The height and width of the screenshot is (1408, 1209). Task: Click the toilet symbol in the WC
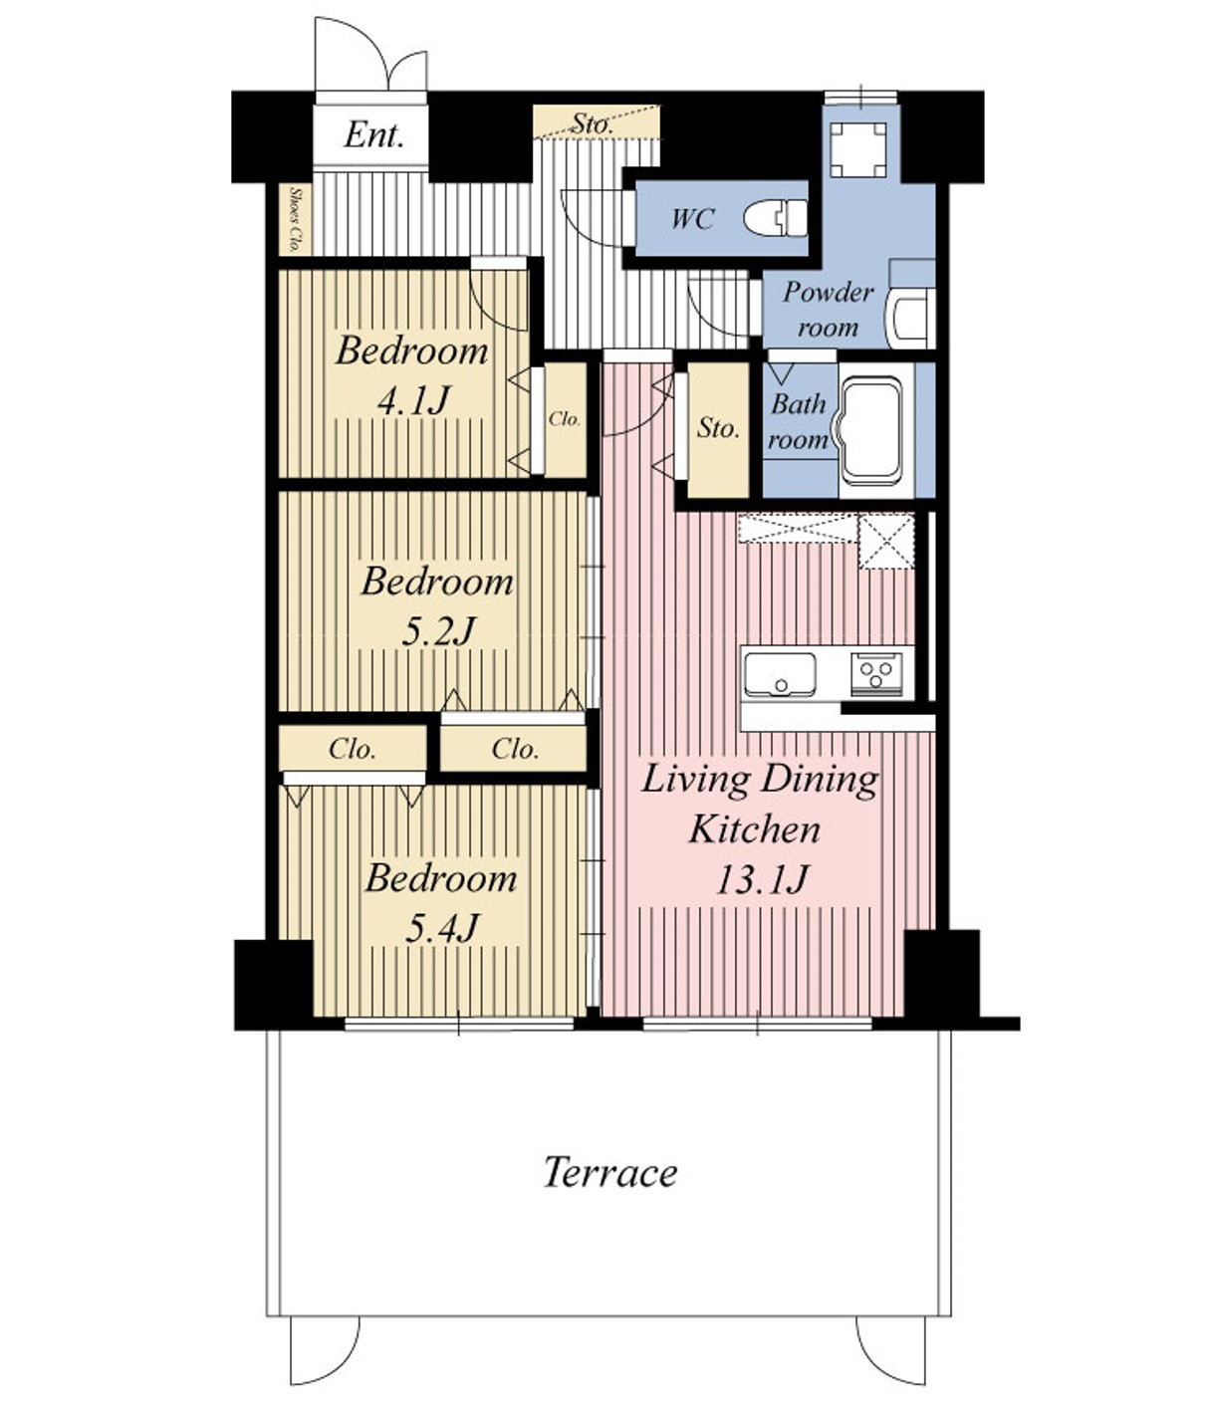[x=775, y=218]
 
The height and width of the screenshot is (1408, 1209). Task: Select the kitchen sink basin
[x=780, y=674]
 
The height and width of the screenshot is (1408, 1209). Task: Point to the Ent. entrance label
[x=373, y=134]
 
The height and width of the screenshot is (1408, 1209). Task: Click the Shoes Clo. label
[x=295, y=220]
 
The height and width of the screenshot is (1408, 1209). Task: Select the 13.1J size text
[x=761, y=878]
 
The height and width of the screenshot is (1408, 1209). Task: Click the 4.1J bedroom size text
[x=412, y=400]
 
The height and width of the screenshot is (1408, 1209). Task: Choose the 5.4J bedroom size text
[x=441, y=927]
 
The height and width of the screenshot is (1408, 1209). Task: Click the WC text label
[x=693, y=219]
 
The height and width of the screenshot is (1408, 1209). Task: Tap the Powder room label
[x=829, y=310]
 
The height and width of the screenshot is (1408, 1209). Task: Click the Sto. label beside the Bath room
[x=718, y=428]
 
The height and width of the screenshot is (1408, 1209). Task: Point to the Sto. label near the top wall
[x=592, y=124]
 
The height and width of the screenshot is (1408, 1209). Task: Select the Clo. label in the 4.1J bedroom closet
[x=565, y=419]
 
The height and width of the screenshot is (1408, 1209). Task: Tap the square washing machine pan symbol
[x=858, y=149]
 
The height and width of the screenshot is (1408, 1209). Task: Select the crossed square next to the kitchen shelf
[x=885, y=542]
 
